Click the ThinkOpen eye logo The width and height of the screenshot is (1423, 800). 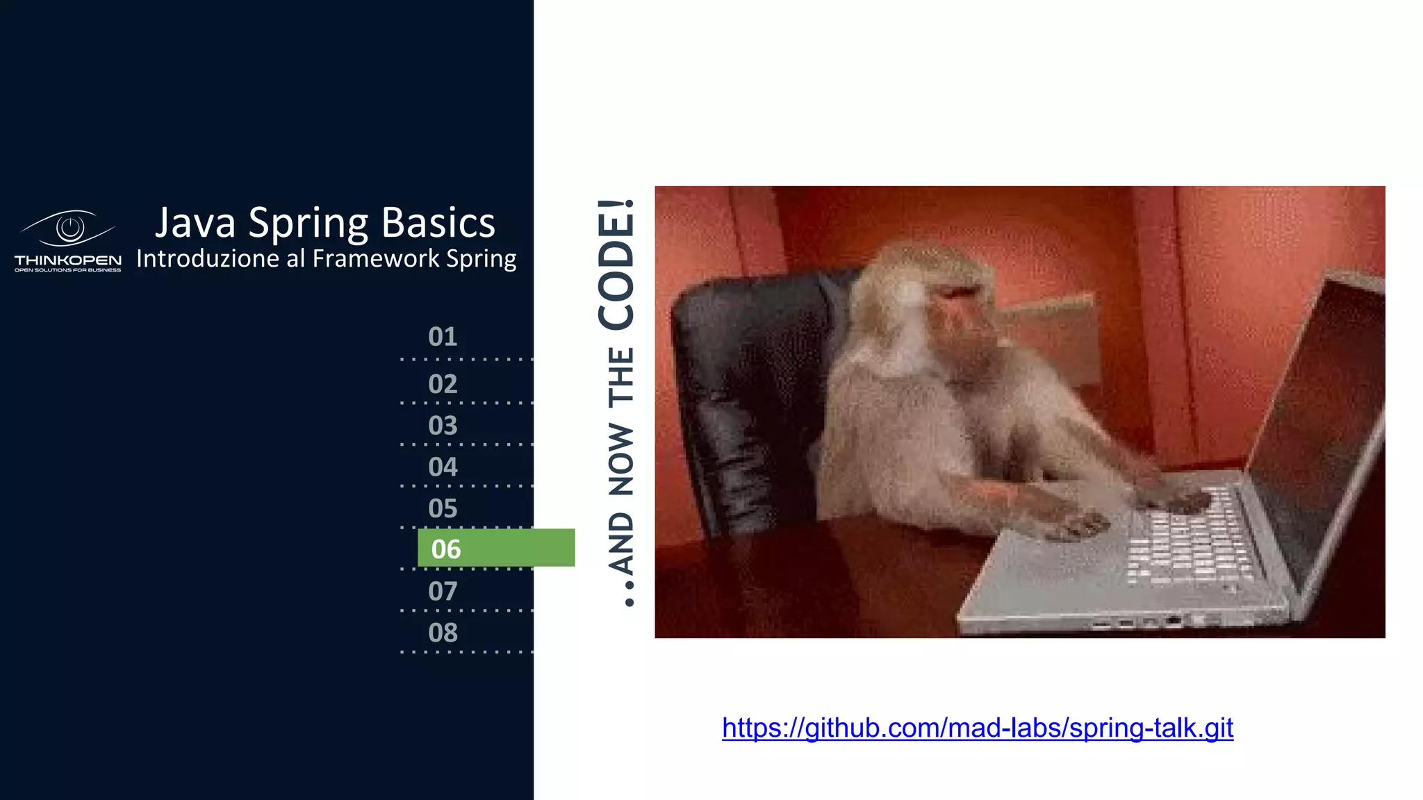[x=68, y=228]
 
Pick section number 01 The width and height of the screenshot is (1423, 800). [x=443, y=337]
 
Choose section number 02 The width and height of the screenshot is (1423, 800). [x=443, y=384]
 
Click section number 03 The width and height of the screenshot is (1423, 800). [x=443, y=426]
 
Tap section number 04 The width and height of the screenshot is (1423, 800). [x=443, y=467]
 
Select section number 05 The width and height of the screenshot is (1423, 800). [x=443, y=509]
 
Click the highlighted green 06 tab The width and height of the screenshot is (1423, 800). [x=495, y=549]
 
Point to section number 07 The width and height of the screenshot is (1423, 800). [x=443, y=592]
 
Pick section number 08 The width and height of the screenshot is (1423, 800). [x=443, y=633]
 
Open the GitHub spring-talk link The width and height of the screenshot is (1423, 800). [x=977, y=728]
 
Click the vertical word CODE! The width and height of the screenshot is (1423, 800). [x=617, y=264]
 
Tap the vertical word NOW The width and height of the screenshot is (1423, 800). [x=621, y=460]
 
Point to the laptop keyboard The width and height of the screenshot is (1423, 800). [x=1188, y=542]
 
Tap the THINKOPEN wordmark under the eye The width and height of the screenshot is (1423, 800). [x=68, y=260]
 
